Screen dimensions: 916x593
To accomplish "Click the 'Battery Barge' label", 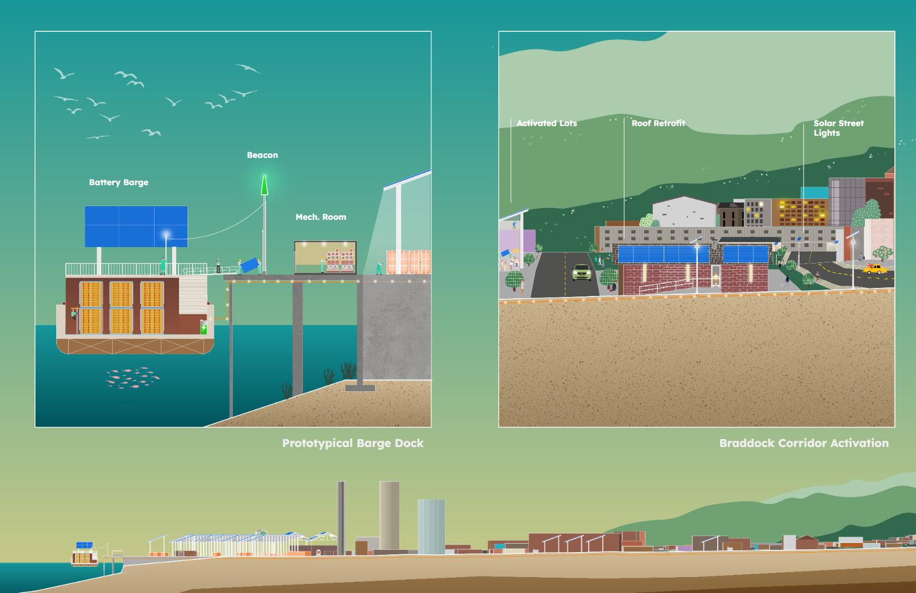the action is (118, 182).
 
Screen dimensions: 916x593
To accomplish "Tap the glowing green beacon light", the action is (264, 185).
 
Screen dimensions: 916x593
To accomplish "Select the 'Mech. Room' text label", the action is (320, 217).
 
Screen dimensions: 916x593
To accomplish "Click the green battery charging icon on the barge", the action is (203, 328).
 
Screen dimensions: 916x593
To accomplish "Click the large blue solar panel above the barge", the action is (136, 226).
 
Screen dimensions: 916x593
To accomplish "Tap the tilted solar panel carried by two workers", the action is (248, 265).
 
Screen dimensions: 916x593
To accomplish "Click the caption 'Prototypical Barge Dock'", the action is (352, 443).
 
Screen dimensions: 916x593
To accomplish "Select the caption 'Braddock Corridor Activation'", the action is (803, 443).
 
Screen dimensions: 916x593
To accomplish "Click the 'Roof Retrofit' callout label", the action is (658, 123).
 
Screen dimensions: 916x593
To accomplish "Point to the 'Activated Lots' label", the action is (547, 123).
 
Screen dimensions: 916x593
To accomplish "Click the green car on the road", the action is (581, 273).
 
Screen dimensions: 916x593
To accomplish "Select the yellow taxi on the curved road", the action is (875, 269).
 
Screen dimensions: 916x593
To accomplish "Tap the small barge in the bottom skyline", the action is (84, 555).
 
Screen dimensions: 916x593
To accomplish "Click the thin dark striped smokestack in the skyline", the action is (341, 517).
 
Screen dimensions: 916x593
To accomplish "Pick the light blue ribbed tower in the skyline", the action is (431, 527).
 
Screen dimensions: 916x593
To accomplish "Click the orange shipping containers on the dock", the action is (408, 262).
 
